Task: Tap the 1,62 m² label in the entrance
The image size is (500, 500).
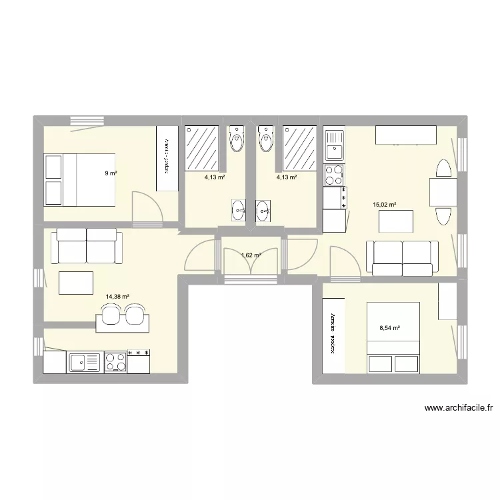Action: (x=250, y=255)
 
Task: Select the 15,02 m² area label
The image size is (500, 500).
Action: (x=384, y=205)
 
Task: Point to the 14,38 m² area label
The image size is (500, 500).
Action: (x=117, y=298)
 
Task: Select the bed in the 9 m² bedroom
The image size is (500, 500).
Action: (x=80, y=179)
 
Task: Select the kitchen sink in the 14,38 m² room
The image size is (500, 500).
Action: (x=84, y=362)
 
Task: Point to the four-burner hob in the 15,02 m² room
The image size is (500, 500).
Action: (x=333, y=175)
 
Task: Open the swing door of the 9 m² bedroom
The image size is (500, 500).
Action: (x=147, y=208)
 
